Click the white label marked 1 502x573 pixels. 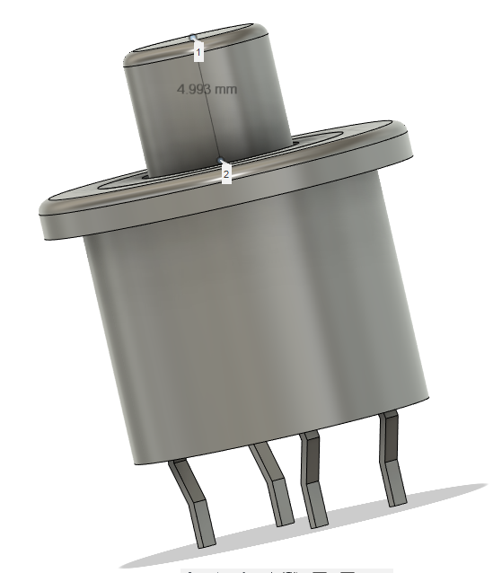pyautogui.click(x=198, y=52)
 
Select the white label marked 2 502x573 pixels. pyautogui.click(x=226, y=174)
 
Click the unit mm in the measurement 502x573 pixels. pyautogui.click(x=225, y=89)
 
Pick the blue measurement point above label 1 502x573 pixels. pyautogui.click(x=193, y=37)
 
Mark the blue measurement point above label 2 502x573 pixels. pyautogui.click(x=220, y=161)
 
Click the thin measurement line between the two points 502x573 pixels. pyautogui.click(x=207, y=99)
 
